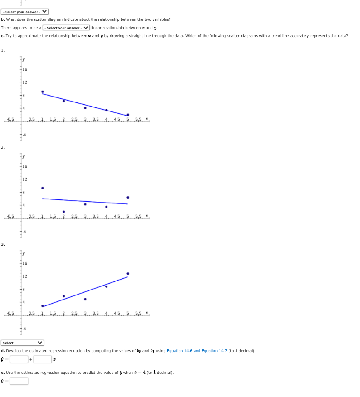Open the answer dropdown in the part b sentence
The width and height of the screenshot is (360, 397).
pyautogui.click(x=66, y=28)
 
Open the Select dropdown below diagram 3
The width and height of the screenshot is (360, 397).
pyautogui.click(x=22, y=343)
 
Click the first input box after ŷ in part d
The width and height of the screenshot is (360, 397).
pyautogui.click(x=19, y=359)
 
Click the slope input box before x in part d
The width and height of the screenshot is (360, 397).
pyautogui.click(x=42, y=359)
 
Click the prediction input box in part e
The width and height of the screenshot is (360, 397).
pyautogui.click(x=19, y=381)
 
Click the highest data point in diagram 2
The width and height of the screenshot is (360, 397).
pyautogui.click(x=43, y=188)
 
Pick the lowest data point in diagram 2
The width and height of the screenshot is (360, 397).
pyautogui.click(x=63, y=211)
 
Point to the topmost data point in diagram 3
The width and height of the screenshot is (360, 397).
pyautogui.click(x=128, y=273)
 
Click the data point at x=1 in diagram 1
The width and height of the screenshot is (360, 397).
pyautogui.click(x=43, y=92)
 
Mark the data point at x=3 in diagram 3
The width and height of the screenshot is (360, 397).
pyautogui.click(x=85, y=299)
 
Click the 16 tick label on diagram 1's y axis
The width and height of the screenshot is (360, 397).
pyautogui.click(x=24, y=69)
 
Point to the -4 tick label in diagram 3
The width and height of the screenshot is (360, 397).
pyautogui.click(x=24, y=328)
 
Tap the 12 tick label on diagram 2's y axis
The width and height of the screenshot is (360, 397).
pyautogui.click(x=24, y=179)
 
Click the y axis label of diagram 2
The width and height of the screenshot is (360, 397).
pyautogui.click(x=24, y=156)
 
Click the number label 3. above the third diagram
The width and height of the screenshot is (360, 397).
pyautogui.click(x=3, y=244)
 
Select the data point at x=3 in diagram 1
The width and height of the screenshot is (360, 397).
pyautogui.click(x=85, y=108)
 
